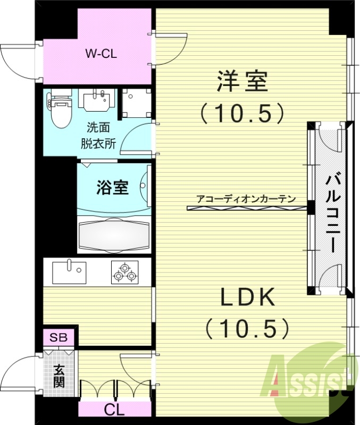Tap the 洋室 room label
pos(241,82)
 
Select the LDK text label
pos(248,299)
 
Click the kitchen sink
pos(69,271)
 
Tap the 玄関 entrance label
pos(58,375)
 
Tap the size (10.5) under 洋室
pos(241,112)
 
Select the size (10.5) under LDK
pos(248,328)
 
